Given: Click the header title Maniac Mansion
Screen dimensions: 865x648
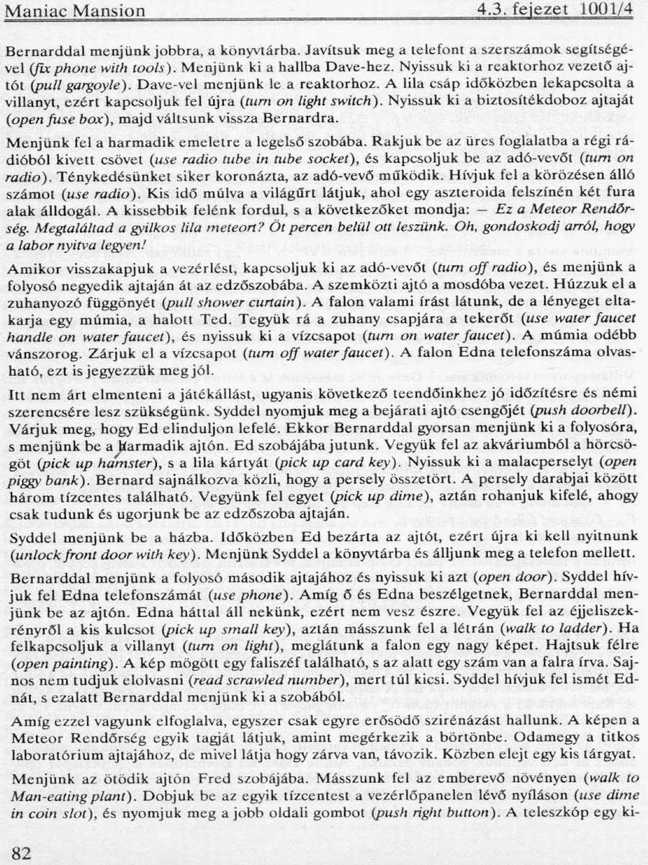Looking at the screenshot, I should pos(75,12).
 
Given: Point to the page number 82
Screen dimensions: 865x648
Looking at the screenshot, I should pos(22,853).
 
